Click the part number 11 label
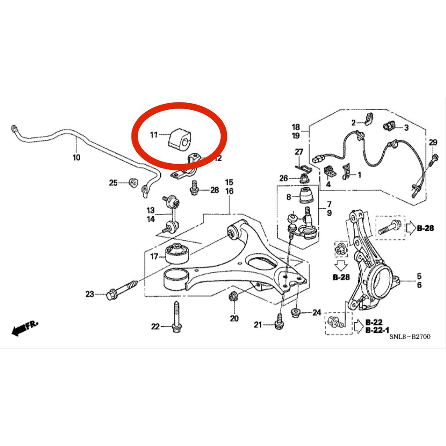[153, 135]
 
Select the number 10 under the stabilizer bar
[77, 157]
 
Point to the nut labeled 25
[133, 182]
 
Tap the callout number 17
[154, 257]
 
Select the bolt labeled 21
[279, 321]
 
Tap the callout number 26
[284, 178]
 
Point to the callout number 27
[298, 152]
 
